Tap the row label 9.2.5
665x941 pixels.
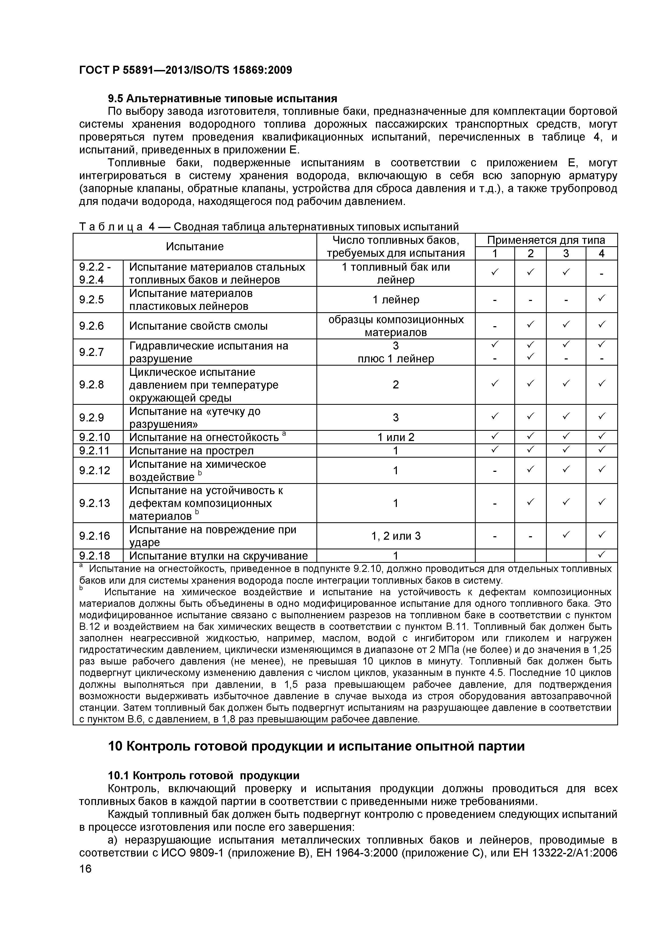91,300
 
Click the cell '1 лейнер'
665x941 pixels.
396,300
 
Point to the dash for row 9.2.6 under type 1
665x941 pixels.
494,326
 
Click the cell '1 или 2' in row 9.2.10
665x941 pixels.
396,437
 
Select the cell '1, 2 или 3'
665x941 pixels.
396,536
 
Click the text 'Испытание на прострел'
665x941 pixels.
191,451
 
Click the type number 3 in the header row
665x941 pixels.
566,254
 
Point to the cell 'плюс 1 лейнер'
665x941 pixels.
396,359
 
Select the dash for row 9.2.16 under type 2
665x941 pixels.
530,536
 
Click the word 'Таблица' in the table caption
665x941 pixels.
111,227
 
